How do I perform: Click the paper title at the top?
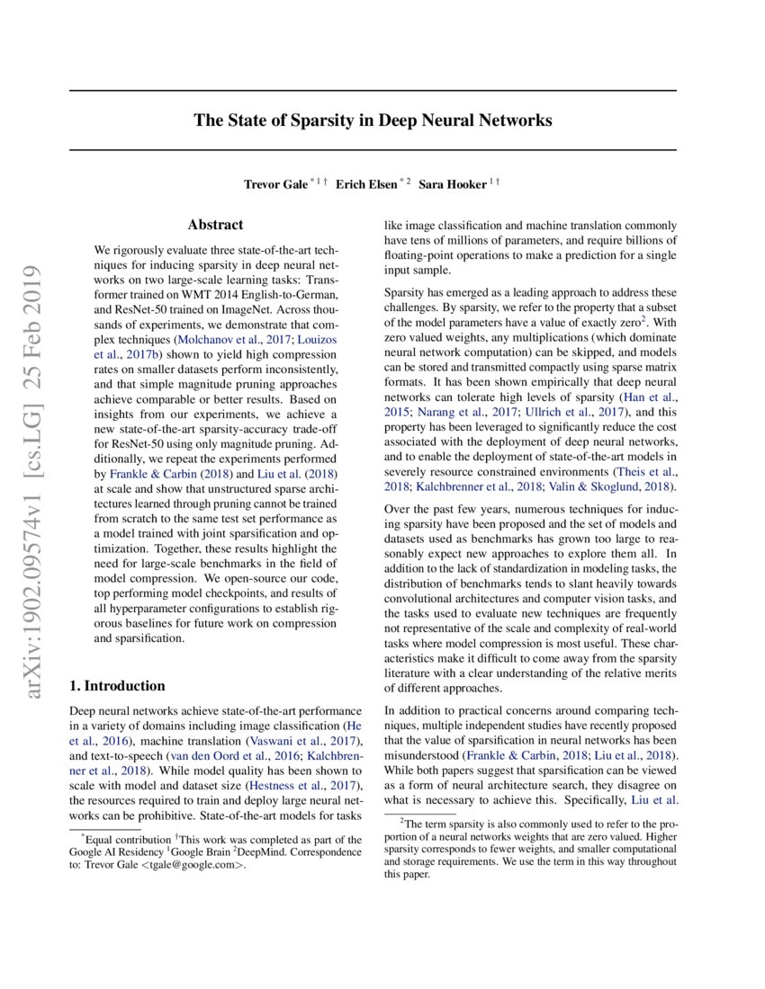(x=373, y=120)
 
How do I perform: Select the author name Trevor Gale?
(x=274, y=184)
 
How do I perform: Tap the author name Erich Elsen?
(x=367, y=184)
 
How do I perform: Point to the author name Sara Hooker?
(x=452, y=184)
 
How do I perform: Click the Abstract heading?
(x=215, y=226)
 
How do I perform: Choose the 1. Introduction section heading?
(x=117, y=685)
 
